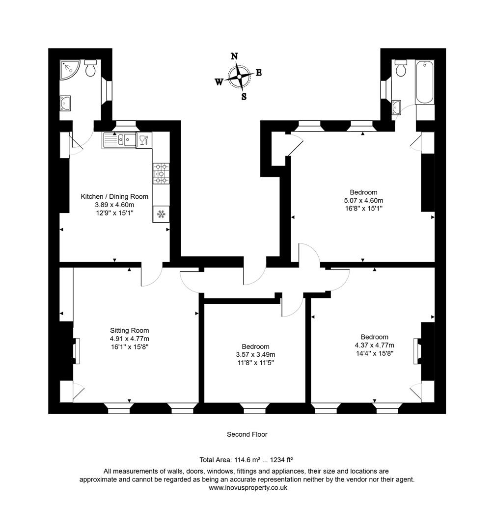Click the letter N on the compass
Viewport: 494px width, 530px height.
click(x=235, y=56)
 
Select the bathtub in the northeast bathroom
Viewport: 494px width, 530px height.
click(x=425, y=82)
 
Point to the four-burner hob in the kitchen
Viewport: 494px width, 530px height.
click(x=161, y=173)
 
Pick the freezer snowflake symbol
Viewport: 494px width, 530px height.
click(x=161, y=214)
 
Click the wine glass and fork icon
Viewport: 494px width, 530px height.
click(x=143, y=140)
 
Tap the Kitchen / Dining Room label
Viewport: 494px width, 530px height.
click(x=114, y=196)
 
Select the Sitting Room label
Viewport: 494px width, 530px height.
click(x=129, y=330)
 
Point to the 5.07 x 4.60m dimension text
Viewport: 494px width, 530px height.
click(x=363, y=200)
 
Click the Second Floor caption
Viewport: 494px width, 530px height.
click(x=247, y=434)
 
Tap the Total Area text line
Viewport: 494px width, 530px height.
click(x=247, y=460)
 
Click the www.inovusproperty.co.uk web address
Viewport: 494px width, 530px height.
click(x=247, y=488)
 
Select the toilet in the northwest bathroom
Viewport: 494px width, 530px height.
click(x=90, y=69)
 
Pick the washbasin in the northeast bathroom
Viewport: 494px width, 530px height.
click(x=397, y=106)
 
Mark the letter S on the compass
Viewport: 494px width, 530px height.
click(x=244, y=97)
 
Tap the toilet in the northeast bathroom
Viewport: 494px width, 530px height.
click(x=401, y=68)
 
